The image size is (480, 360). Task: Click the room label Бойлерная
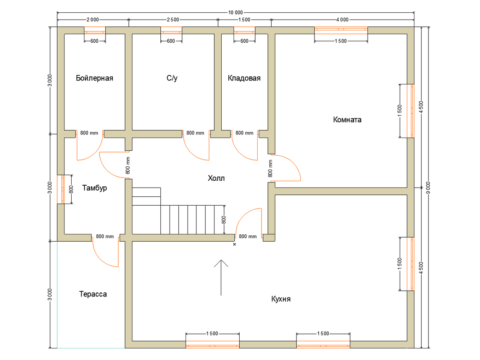[94, 78]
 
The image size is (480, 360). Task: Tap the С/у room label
[172, 78]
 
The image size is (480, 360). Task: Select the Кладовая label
[244, 78]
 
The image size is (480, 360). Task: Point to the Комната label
[347, 120]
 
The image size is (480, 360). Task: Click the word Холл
[216, 178]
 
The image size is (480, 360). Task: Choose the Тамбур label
[94, 188]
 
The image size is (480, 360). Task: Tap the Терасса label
[93, 294]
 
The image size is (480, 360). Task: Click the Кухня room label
[281, 299]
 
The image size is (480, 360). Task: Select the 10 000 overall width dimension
[236, 13]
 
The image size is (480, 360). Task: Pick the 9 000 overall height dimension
[428, 188]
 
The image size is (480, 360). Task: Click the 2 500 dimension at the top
[173, 20]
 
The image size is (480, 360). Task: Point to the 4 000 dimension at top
[342, 20]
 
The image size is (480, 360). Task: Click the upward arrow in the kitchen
[221, 278]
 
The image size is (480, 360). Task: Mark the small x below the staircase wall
[234, 244]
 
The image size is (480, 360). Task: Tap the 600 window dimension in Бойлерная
[94, 41]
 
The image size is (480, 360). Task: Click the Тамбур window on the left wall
[61, 189]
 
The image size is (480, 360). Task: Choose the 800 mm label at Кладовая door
[244, 133]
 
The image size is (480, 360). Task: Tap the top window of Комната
[341, 31]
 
